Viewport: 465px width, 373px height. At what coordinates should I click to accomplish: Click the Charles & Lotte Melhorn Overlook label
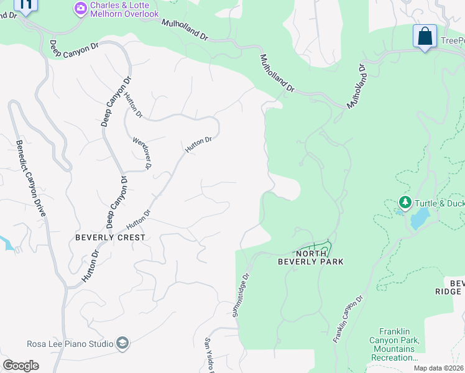coord(124,9)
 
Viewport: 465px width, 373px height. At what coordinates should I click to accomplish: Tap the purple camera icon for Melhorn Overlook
coord(80,9)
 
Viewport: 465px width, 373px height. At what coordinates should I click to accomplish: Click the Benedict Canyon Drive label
coord(32,187)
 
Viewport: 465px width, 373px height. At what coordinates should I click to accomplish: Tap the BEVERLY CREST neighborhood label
coord(110,237)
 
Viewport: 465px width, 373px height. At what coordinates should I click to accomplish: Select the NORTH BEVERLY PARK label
coord(319,257)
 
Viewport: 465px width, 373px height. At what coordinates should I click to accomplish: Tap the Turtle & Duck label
coord(440,203)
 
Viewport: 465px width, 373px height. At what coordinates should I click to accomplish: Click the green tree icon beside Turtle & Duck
coord(405,203)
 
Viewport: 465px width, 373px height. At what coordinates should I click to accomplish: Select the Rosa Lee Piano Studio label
coord(70,344)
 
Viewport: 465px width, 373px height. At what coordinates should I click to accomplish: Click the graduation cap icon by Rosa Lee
coord(122,343)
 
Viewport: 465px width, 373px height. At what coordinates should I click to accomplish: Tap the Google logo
coord(21,365)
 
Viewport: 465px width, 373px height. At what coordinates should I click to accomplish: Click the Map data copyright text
coord(439,368)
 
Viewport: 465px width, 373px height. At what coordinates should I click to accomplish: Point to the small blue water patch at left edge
coord(6,243)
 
